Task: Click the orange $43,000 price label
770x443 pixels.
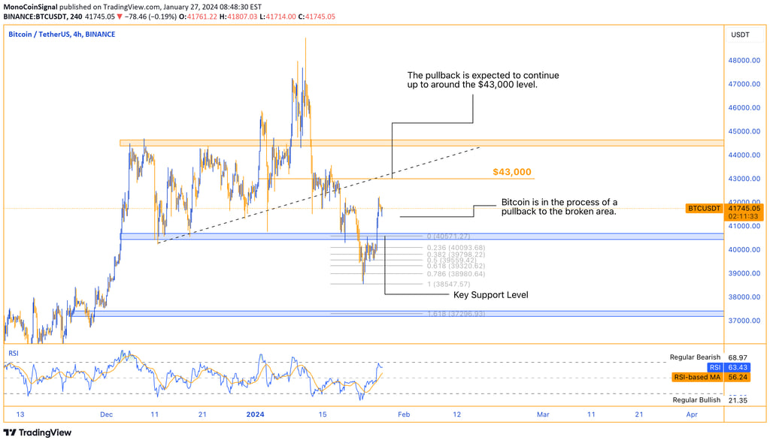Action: (512, 172)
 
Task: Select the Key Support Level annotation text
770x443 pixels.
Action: (490, 295)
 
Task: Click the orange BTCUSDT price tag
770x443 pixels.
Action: (705, 208)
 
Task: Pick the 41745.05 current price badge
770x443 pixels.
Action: (745, 208)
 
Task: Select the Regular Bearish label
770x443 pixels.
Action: (695, 357)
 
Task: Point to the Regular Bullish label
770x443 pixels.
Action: (696, 400)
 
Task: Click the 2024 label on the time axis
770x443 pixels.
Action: (256, 414)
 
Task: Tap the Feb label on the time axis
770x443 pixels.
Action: (405, 414)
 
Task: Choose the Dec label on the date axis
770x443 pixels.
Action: (106, 414)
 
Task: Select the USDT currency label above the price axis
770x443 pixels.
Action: (741, 35)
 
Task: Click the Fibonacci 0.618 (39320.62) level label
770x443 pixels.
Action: (456, 266)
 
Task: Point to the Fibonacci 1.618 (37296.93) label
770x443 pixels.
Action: (456, 314)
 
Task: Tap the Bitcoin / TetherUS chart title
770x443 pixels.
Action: (62, 35)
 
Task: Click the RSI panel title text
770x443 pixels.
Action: (13, 352)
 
